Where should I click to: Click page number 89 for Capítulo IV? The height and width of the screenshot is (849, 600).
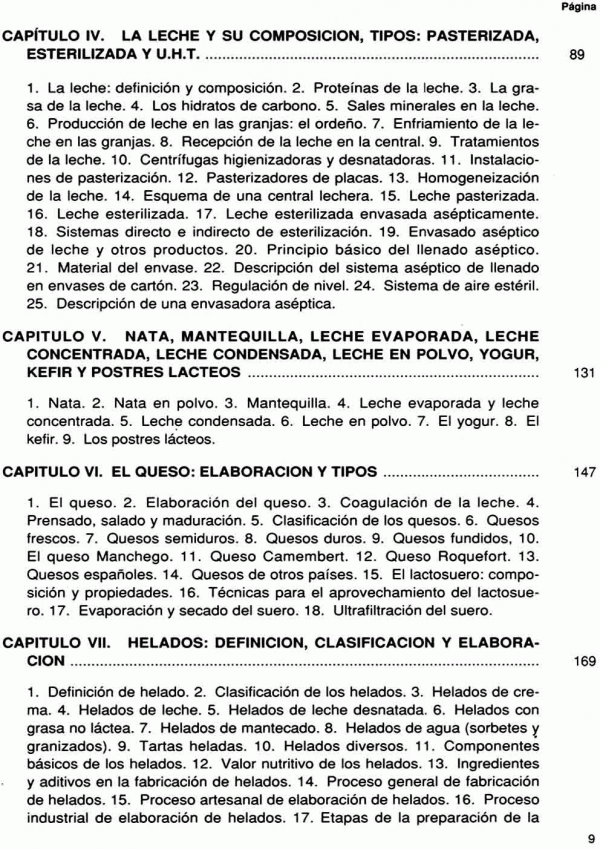(x=575, y=57)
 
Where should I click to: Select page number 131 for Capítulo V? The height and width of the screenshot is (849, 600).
(x=585, y=374)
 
